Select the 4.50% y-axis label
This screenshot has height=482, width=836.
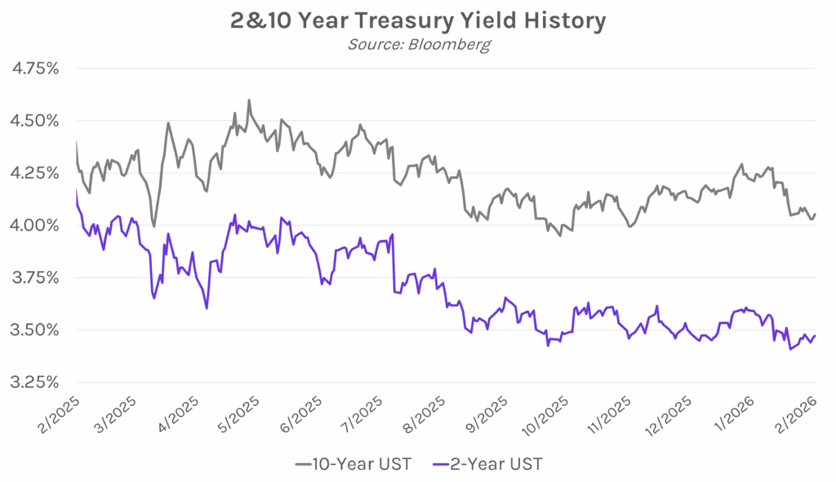[x=33, y=121]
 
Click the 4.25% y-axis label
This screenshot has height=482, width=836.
[x=33, y=173]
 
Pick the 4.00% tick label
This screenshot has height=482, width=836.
[x=33, y=225]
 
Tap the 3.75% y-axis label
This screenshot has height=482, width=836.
[x=33, y=278]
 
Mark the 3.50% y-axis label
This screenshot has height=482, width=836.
[x=33, y=330]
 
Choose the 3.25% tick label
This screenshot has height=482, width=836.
[x=33, y=382]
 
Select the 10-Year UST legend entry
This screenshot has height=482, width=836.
[x=353, y=464]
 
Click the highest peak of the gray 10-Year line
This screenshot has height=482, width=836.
[x=248, y=100]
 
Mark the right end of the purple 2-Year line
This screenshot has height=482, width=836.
[x=815, y=336]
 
